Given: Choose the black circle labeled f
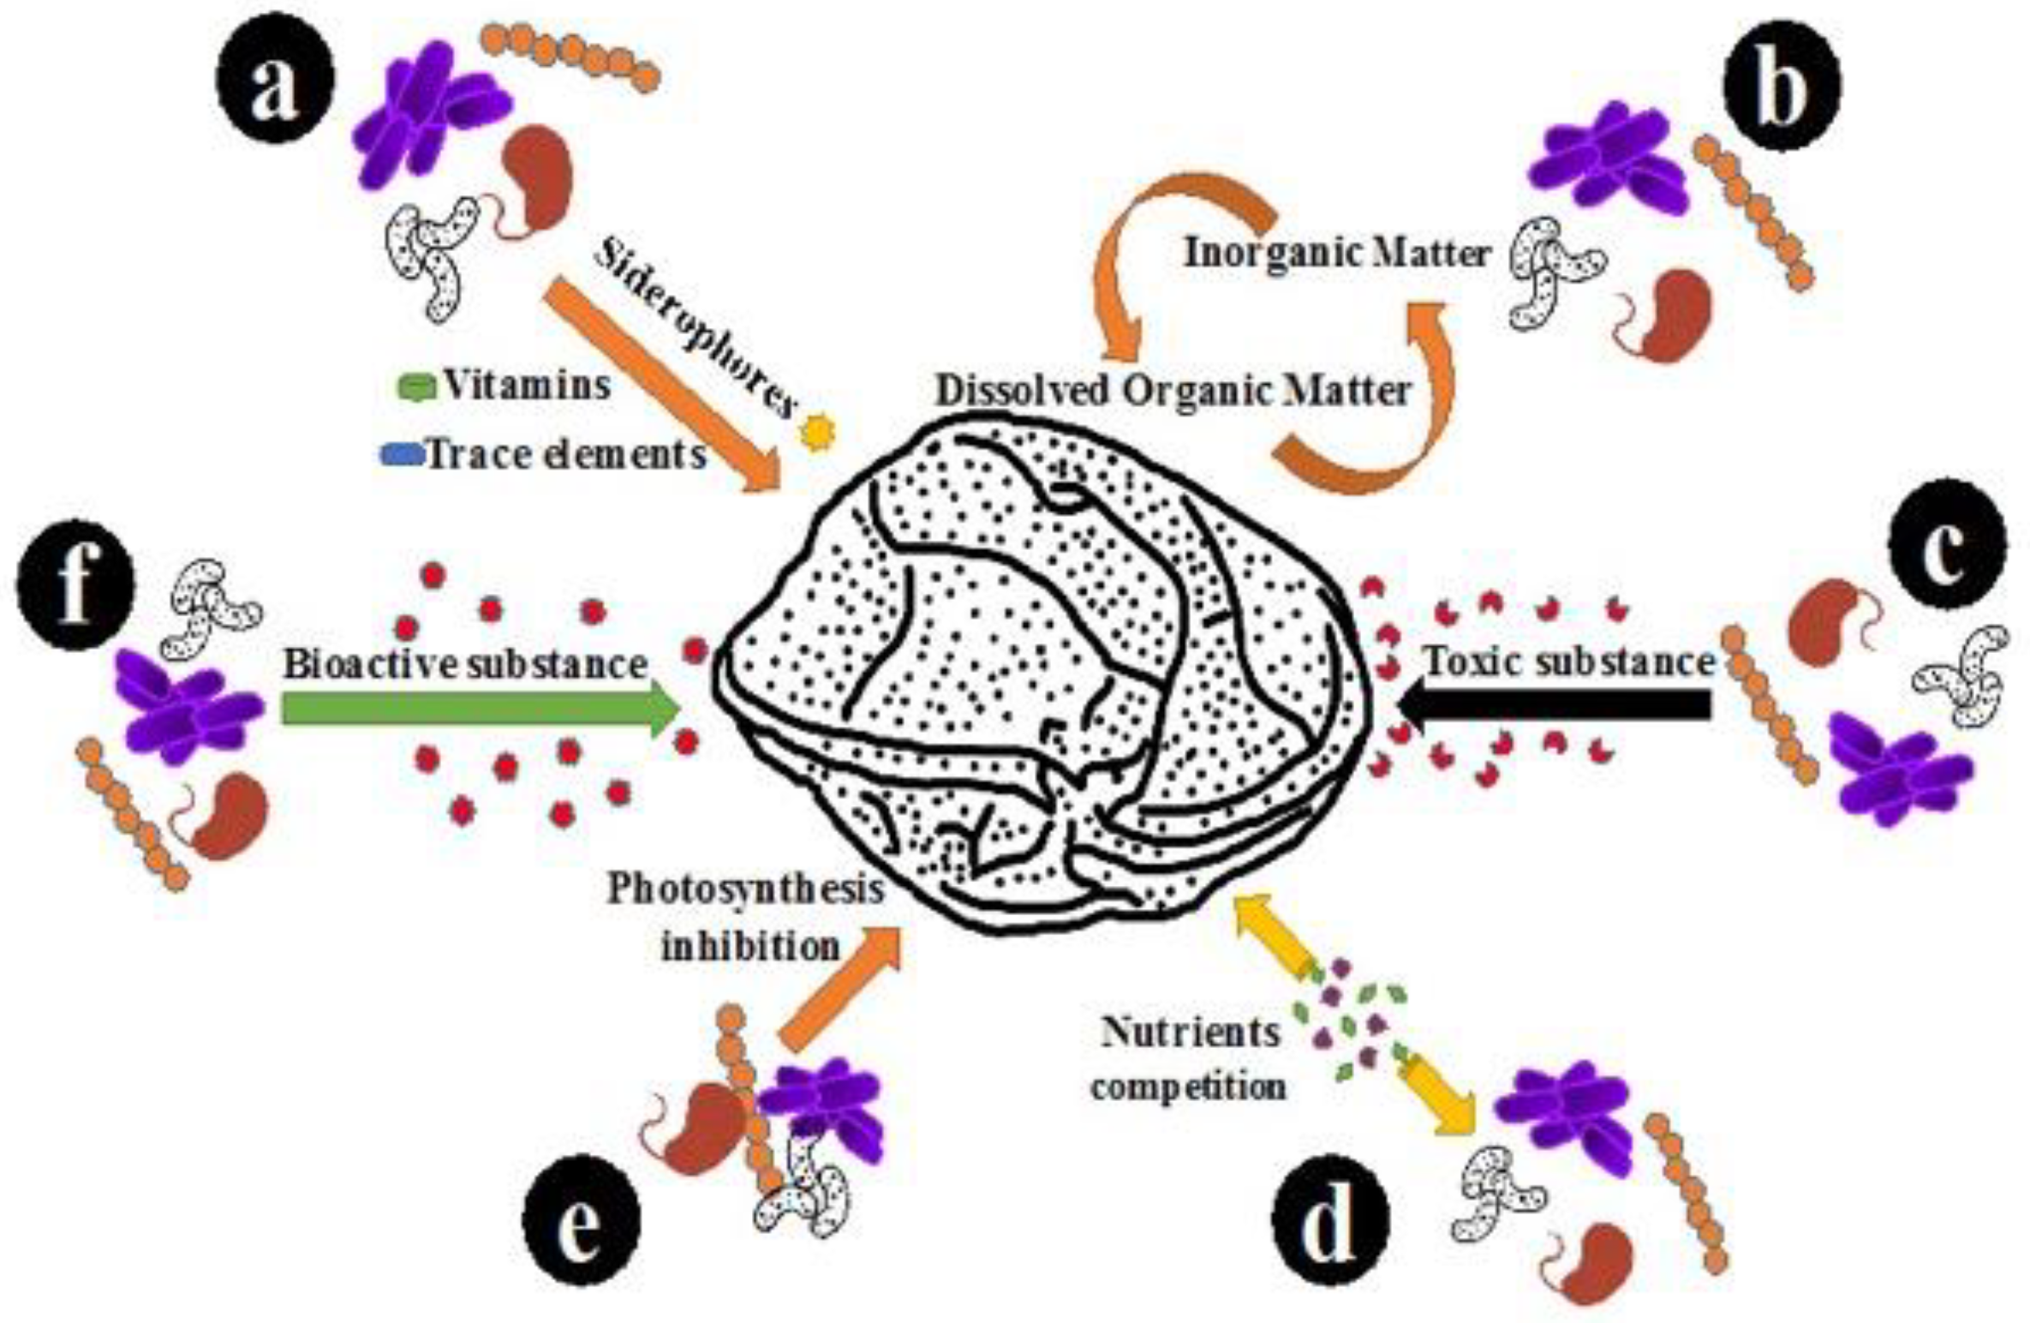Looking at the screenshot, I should pyautogui.click(x=76, y=584).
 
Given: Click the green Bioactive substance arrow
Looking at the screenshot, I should pyautogui.click(x=480, y=709).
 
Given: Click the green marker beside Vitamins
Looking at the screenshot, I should pyautogui.click(x=418, y=388).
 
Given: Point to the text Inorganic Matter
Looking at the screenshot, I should pyautogui.click(x=1336, y=254).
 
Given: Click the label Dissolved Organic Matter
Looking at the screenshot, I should pyautogui.click(x=1173, y=392).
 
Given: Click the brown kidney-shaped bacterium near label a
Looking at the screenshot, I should pyautogui.click(x=535, y=178).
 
